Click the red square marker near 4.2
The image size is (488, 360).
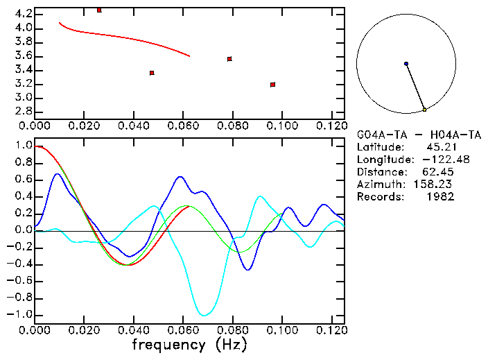tap(99, 10)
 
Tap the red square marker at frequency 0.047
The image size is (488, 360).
tap(152, 73)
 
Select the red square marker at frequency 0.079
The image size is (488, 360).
tap(229, 59)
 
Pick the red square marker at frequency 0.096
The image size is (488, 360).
tap(273, 85)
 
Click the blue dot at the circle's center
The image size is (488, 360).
tap(406, 64)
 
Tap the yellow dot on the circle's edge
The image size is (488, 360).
tap(424, 110)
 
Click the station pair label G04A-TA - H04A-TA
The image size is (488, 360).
tap(419, 135)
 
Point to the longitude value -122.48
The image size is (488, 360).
tap(436, 160)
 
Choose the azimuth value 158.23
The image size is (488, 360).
tap(436, 185)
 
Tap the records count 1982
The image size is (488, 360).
tap(441, 197)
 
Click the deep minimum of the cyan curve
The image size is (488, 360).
tap(204, 315)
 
